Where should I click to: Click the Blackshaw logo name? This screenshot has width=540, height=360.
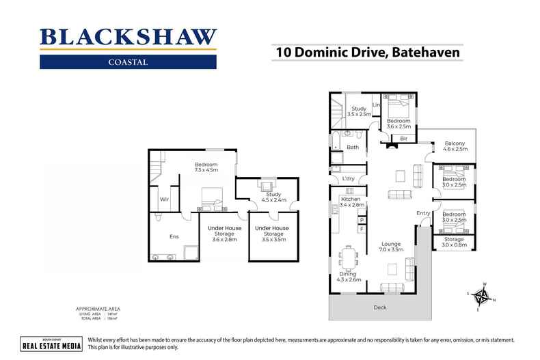[x=128, y=37]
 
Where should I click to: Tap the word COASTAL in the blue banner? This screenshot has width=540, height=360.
[x=128, y=62]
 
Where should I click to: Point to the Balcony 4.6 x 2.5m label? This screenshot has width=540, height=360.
[x=455, y=146]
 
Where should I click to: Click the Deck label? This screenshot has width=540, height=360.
[x=379, y=307]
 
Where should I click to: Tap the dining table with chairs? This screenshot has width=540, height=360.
[x=349, y=259]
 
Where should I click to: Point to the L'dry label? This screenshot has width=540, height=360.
[x=348, y=179]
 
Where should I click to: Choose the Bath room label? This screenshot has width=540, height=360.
[x=353, y=147]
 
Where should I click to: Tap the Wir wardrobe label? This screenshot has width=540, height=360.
[x=164, y=199]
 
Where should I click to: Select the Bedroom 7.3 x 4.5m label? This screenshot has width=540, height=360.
[x=206, y=167]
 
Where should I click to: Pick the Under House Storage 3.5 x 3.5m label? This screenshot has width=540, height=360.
[x=271, y=234]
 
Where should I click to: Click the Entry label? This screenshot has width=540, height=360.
[x=423, y=213]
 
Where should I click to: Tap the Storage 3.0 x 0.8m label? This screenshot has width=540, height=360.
[x=454, y=243]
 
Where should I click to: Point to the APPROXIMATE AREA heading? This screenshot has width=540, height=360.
[x=100, y=309]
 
